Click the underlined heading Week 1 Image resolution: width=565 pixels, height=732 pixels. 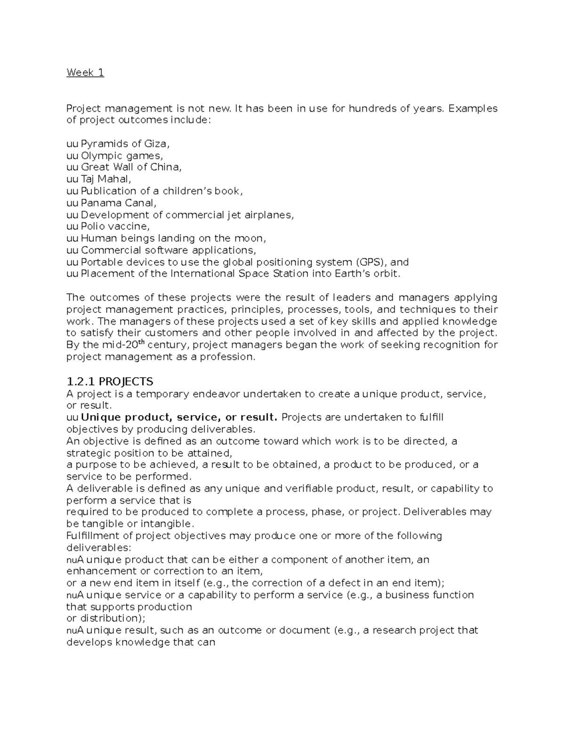point(85,73)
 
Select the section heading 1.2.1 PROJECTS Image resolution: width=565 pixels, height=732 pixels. point(110,381)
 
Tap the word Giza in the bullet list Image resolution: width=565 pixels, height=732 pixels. point(155,144)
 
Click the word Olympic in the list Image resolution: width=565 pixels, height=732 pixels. point(102,156)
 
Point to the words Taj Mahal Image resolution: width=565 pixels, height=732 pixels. point(105,179)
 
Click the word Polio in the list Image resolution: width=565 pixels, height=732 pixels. point(93,227)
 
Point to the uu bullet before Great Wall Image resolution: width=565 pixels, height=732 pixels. point(73,167)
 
